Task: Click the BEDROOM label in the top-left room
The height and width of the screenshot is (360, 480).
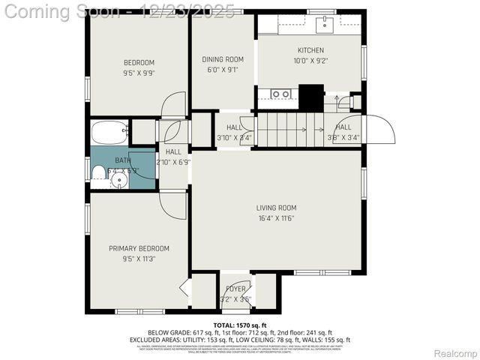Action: [139, 62]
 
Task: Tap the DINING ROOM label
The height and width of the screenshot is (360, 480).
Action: [223, 59]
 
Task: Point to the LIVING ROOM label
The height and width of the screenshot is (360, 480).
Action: [277, 208]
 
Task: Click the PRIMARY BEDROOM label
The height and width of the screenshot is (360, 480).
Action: [139, 248]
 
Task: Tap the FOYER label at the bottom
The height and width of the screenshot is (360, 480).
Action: [235, 288]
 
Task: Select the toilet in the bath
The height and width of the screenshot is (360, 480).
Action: [97, 172]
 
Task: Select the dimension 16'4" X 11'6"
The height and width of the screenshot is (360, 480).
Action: [277, 218]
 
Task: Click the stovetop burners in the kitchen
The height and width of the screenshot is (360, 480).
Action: [280, 94]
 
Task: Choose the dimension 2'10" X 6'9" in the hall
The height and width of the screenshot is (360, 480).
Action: [173, 161]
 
